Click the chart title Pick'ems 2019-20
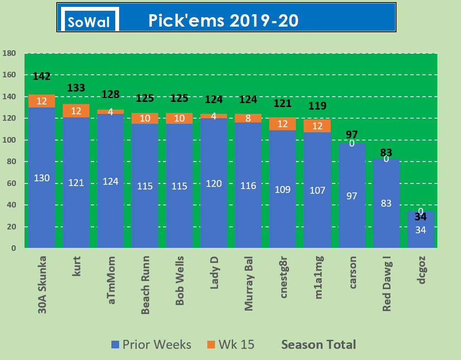223,21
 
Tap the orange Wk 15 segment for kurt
76,111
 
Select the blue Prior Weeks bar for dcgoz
421,230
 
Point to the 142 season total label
41,76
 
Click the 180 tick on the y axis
9,53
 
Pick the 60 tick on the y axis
12,183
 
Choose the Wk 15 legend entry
231,345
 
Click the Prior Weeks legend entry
151,345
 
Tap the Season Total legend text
319,345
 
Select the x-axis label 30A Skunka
42,285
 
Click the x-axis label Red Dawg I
386,284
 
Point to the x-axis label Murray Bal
249,284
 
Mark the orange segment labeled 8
248,118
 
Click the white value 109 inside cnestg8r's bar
283,189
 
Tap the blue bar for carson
352,195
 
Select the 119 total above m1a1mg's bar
317,106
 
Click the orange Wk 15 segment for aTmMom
110,112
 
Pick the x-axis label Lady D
214,272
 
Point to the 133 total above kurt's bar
76,88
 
